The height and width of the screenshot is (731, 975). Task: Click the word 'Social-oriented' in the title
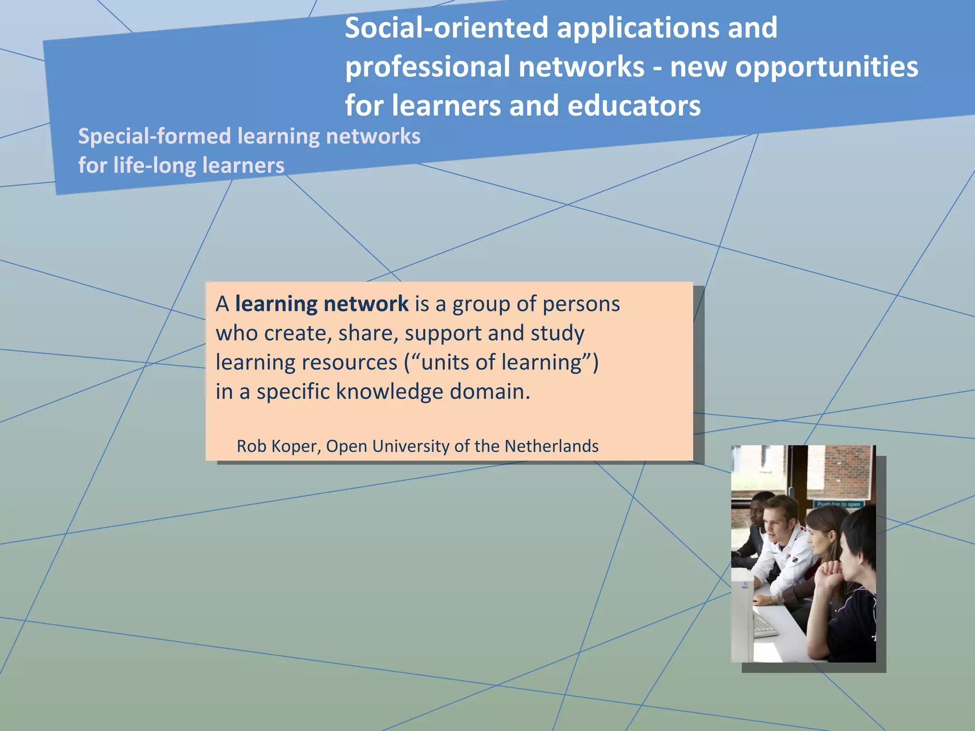pyautogui.click(x=446, y=28)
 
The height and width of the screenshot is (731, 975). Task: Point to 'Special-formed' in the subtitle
pyautogui.click(x=154, y=137)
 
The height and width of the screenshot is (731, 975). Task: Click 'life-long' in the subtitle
pyautogui.click(x=155, y=166)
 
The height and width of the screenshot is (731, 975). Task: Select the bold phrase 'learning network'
pyautogui.click(x=321, y=304)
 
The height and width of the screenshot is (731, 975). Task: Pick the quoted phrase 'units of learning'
pyautogui.click(x=502, y=362)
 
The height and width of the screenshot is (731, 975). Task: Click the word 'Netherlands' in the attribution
pyautogui.click(x=551, y=446)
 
